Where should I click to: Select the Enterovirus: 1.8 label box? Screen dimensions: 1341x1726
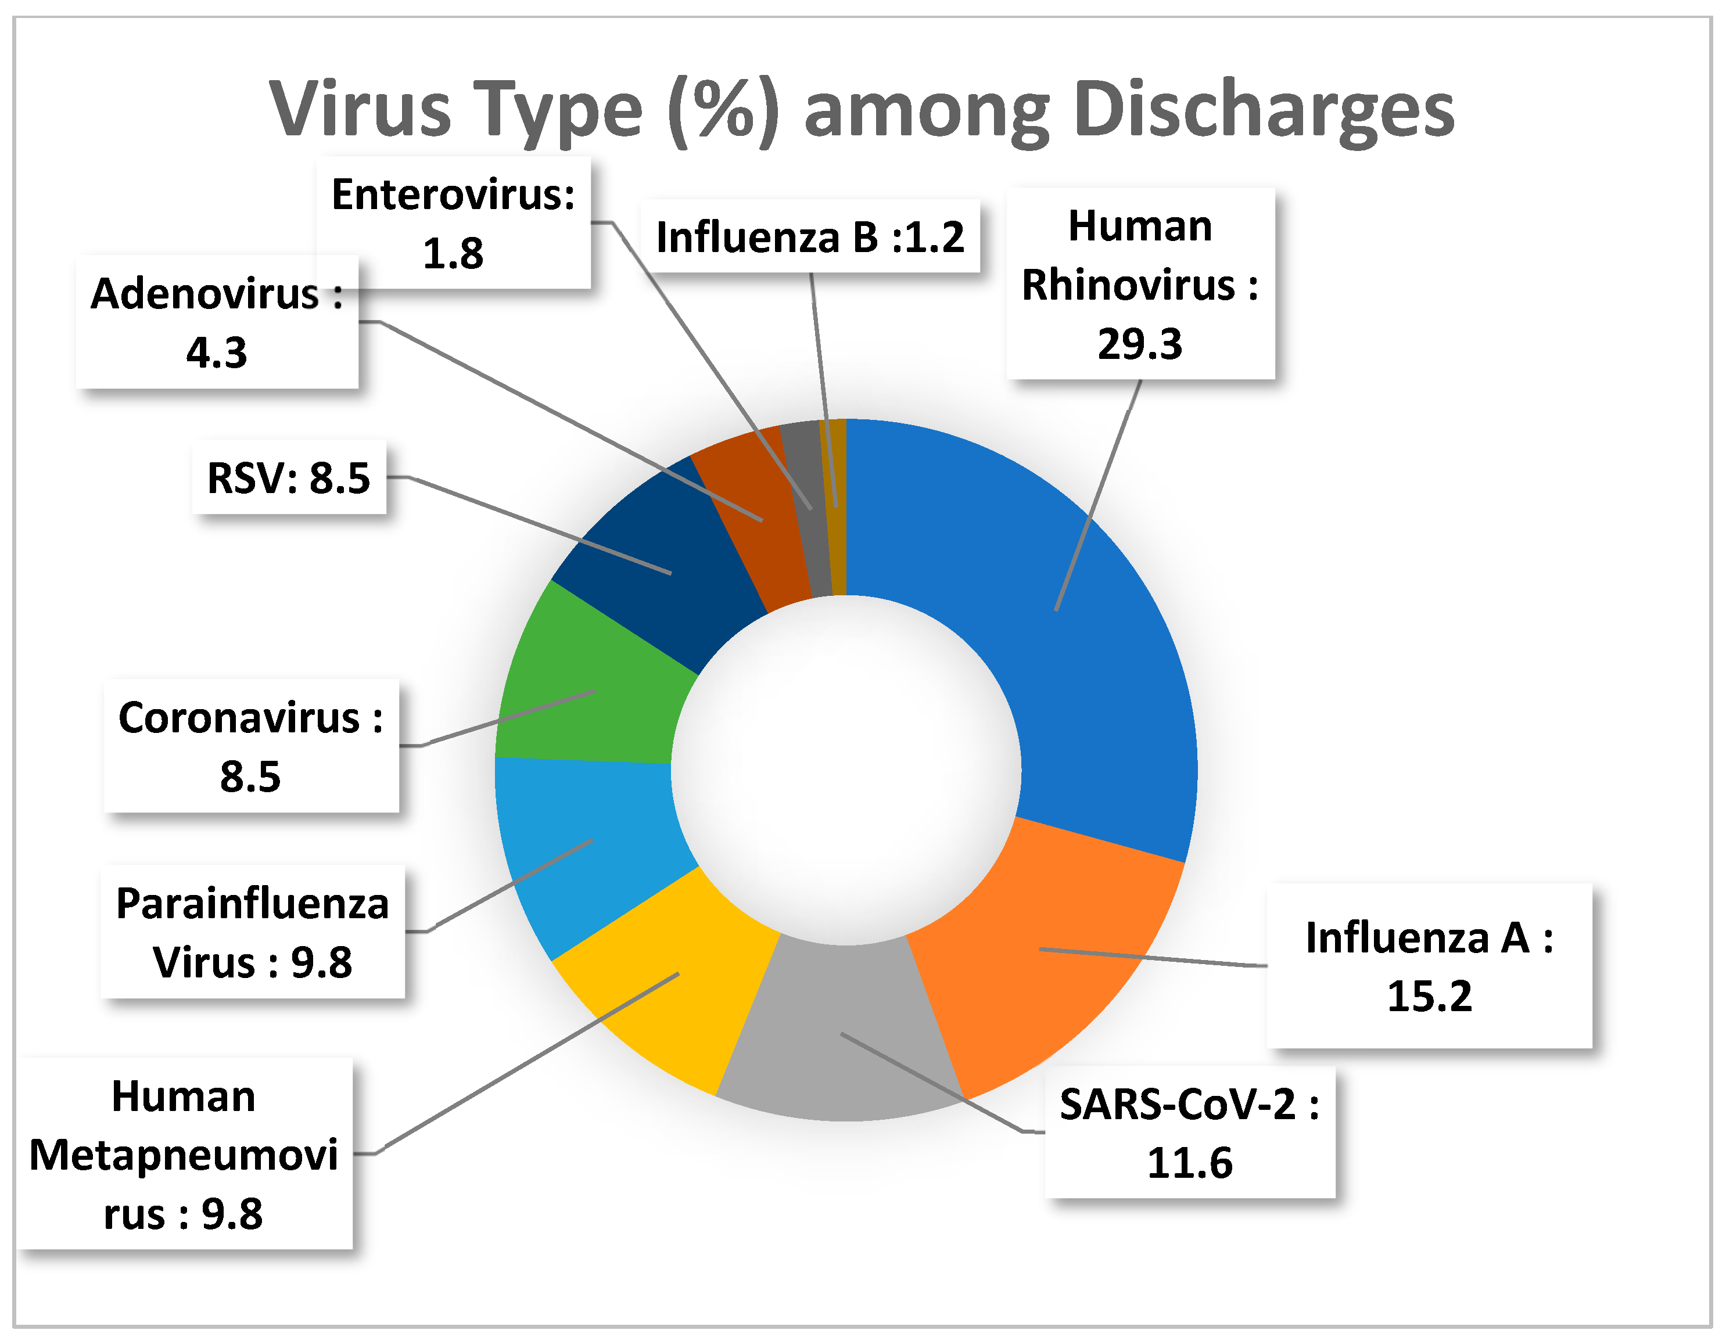(453, 223)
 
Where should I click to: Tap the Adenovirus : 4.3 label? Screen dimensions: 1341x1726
(217, 322)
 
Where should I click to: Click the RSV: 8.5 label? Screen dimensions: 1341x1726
(289, 477)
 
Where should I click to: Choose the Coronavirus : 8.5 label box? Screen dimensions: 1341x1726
(252, 746)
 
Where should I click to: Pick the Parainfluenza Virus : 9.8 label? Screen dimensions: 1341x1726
(252, 933)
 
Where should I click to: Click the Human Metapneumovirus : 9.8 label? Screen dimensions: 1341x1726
(184, 1155)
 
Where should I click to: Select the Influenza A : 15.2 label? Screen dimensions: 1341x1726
(1430, 966)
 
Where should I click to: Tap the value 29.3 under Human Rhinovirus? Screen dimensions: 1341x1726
(1140, 344)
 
